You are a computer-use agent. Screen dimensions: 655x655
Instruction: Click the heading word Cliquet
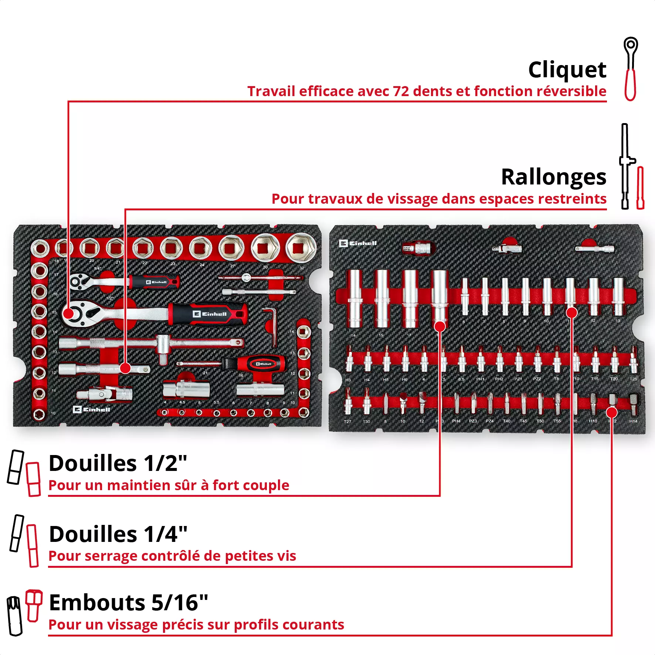pyautogui.click(x=567, y=70)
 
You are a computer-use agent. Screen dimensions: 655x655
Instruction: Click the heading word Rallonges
pyautogui.click(x=553, y=177)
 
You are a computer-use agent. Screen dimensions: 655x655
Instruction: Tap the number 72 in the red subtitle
pyautogui.click(x=401, y=91)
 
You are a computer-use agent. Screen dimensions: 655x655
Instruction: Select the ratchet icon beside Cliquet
pyautogui.click(x=631, y=69)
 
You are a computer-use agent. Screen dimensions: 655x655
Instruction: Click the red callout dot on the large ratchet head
pyautogui.click(x=69, y=314)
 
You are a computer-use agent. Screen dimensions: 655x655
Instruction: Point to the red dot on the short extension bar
pyautogui.click(x=125, y=368)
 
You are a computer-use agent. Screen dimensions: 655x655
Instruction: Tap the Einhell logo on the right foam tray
pyautogui.click(x=358, y=243)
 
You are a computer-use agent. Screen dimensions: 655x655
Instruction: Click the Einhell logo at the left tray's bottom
pyautogui.click(x=91, y=410)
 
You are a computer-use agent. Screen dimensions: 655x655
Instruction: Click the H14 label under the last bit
pyautogui.click(x=633, y=421)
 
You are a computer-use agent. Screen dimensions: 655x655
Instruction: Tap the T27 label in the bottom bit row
pyautogui.click(x=347, y=421)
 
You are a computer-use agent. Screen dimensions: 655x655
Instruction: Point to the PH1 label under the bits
pyautogui.click(x=480, y=379)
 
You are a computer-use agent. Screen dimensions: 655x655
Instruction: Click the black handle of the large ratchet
pyautogui.click(x=207, y=314)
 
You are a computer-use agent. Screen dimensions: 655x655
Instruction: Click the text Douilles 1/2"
pyautogui.click(x=118, y=463)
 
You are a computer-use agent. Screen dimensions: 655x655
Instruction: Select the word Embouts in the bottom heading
pyautogui.click(x=97, y=603)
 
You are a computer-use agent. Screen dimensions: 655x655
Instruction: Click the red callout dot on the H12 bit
pyautogui.click(x=612, y=412)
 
